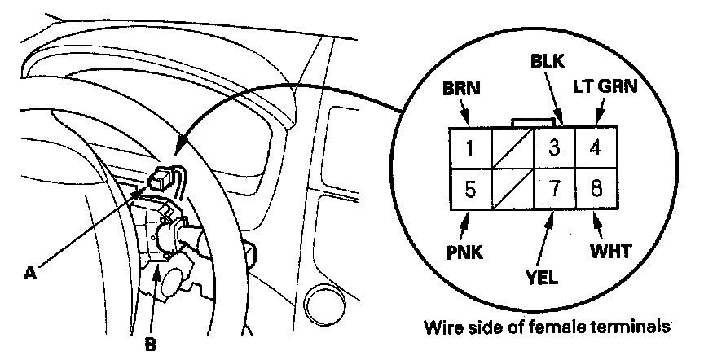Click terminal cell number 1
(x=471, y=149)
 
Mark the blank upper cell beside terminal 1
(x=512, y=149)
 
